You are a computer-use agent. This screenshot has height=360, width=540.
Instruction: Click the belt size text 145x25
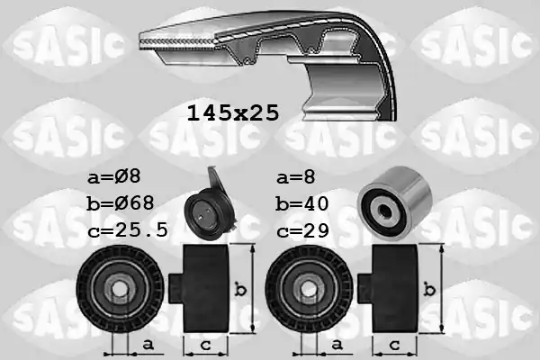(x=233, y=113)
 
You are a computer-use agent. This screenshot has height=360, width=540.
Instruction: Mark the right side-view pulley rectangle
(x=397, y=288)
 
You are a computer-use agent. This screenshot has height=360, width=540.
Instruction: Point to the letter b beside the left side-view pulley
(x=240, y=289)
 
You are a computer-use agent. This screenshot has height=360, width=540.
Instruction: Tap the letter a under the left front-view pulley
(x=146, y=345)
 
